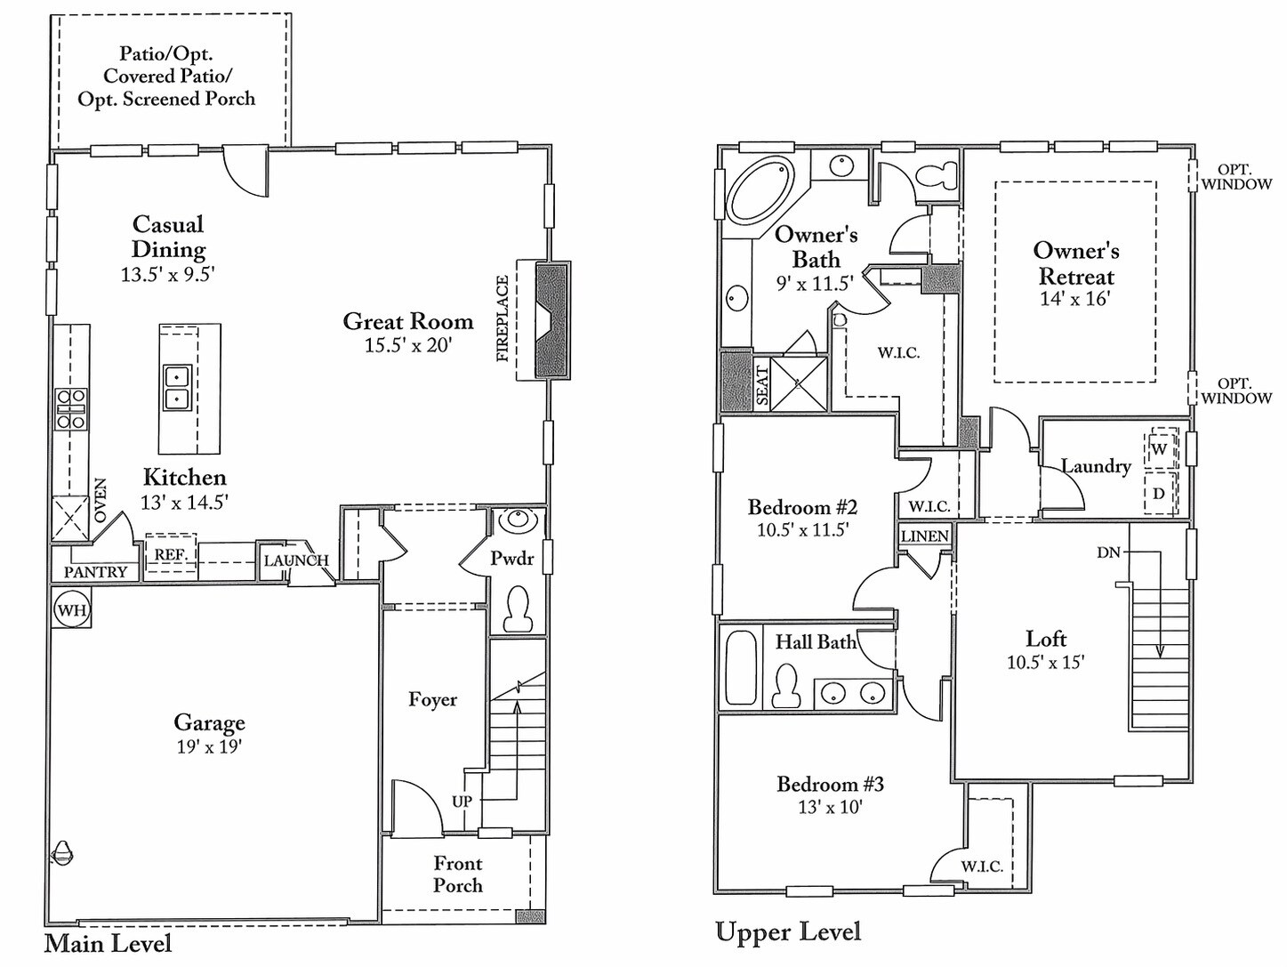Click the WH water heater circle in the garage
point(71,610)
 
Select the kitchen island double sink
point(177,388)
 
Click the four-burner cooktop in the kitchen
point(71,409)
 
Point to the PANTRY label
point(95,572)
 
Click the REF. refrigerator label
point(170,554)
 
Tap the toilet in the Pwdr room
point(518,609)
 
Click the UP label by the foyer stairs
point(462,801)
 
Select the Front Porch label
point(458,874)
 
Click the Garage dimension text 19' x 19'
point(209,746)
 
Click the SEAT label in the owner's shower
point(762,386)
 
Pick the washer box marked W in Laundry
point(1159,449)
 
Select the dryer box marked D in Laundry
point(1159,494)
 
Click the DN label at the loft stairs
point(1108,552)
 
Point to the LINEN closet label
point(925,536)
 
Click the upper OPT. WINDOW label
point(1236,176)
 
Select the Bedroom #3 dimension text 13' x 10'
point(830,807)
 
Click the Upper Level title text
point(788,931)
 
